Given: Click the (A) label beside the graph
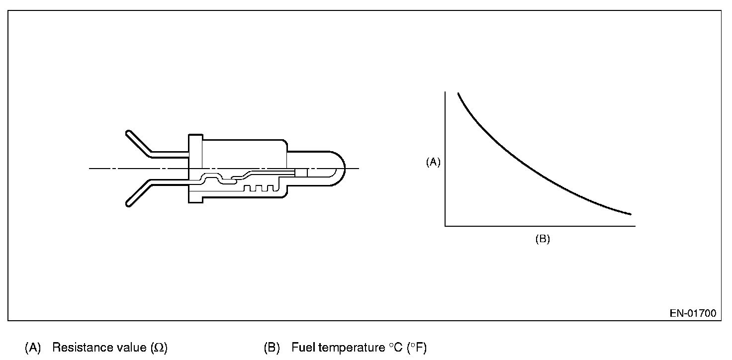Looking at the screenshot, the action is pos(433,162).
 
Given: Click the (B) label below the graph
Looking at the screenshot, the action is pos(542,239).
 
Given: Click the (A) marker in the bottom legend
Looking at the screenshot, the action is pos(32,348).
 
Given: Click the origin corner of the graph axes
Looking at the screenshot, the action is pos(445,226).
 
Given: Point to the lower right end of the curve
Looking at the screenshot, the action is pos(630,214).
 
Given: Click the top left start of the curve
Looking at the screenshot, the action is pos(458,93).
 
